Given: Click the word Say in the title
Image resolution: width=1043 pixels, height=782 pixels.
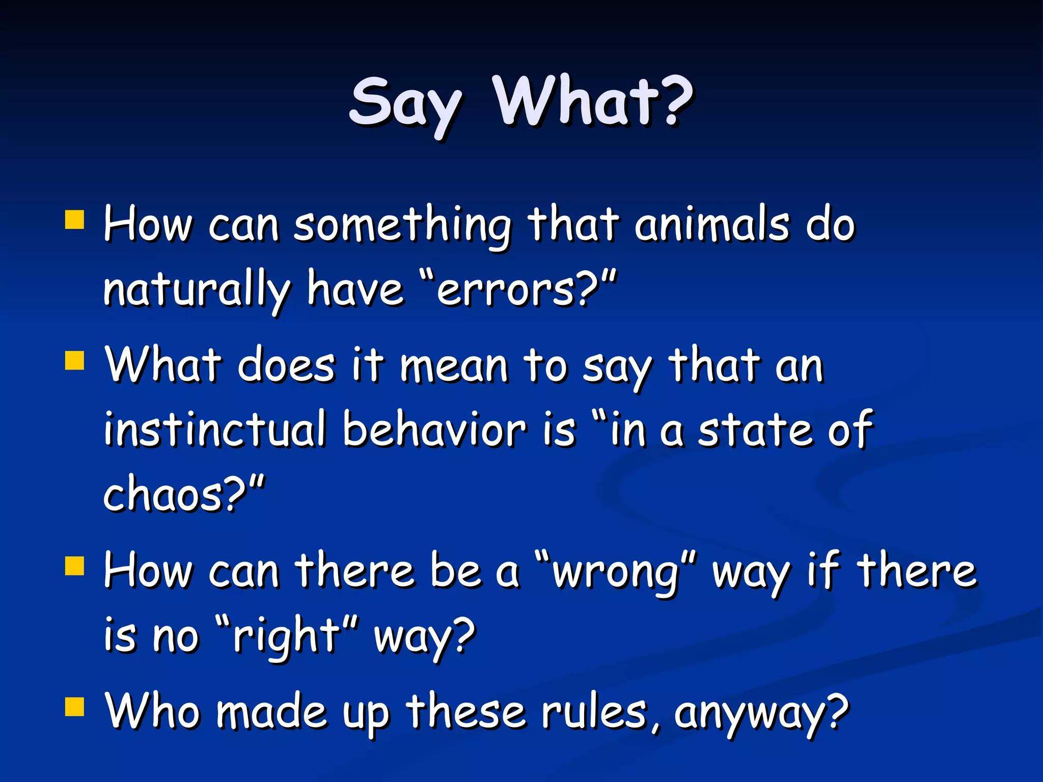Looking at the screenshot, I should (x=405, y=104).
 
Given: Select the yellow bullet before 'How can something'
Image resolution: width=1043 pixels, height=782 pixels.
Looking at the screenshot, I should (x=74, y=220).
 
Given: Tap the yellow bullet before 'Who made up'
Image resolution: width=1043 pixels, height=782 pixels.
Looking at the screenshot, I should (x=74, y=707).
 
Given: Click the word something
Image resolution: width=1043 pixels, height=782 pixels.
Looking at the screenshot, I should (x=402, y=227).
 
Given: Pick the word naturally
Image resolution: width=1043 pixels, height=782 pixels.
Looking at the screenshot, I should (x=196, y=291).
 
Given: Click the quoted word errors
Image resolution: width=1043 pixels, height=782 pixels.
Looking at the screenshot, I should (x=509, y=291).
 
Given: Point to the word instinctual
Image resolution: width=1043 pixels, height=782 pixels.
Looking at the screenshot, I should (x=214, y=430).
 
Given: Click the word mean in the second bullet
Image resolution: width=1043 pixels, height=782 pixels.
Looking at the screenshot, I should (x=453, y=368).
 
